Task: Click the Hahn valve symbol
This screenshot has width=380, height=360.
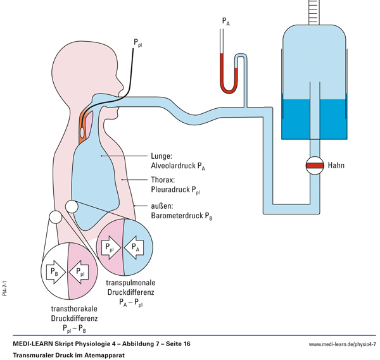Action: pos(315,165)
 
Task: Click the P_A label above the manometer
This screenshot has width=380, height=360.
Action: pos(225,22)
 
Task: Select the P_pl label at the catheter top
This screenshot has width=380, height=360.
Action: pos(138,43)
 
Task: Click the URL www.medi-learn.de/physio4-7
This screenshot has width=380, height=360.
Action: pos(342,344)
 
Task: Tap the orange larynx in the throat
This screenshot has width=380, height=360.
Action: pos(84,122)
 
